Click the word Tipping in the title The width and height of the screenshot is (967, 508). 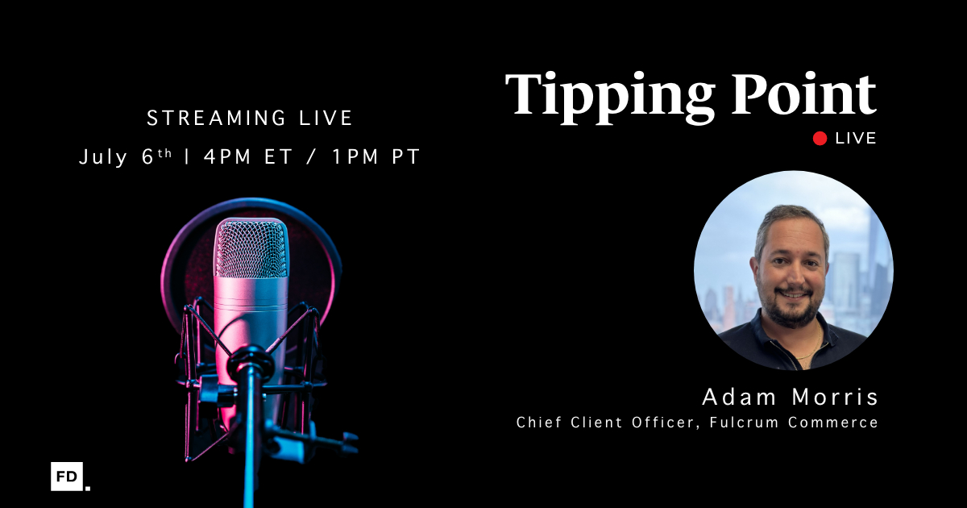point(610,98)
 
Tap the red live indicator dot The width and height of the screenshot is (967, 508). point(820,139)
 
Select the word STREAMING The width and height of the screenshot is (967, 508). point(216,118)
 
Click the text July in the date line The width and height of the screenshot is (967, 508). point(103,157)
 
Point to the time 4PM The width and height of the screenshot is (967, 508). point(227,156)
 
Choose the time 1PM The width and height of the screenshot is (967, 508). point(355,156)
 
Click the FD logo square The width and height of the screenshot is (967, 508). point(67,477)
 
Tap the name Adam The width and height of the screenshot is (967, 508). point(739,397)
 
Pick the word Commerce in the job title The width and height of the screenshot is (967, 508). point(832,422)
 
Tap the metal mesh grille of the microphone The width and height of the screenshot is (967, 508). point(251,248)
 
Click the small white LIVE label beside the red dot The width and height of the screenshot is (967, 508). point(856,139)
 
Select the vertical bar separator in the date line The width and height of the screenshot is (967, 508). point(187,156)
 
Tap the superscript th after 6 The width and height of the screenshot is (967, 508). point(164,153)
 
